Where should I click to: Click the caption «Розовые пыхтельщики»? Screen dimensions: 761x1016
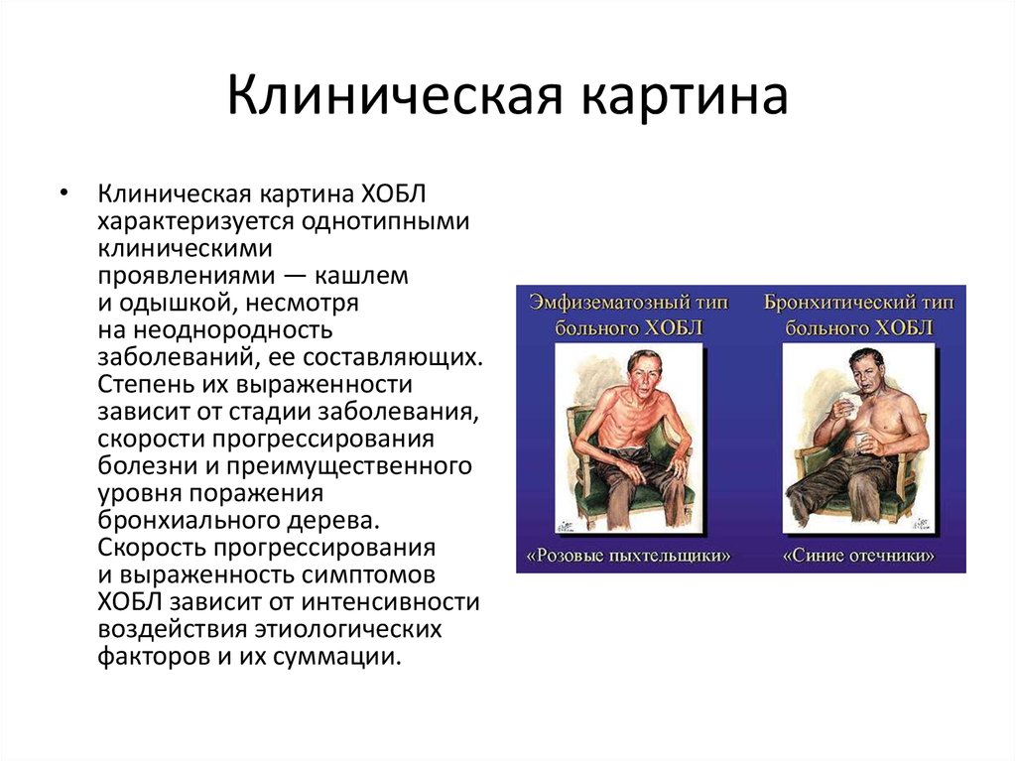[627, 556]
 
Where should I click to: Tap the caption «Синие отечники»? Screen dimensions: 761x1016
[858, 556]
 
